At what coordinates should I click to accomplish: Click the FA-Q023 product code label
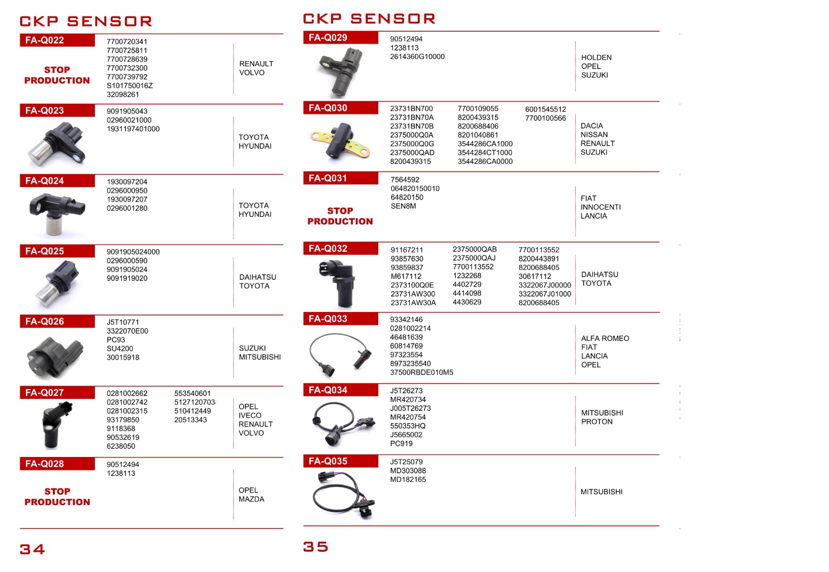[45, 110]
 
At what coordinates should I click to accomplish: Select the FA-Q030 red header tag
[328, 108]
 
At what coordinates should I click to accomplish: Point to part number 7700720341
[127, 41]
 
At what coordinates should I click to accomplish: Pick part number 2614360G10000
[417, 56]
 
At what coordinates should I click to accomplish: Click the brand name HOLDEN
[596, 58]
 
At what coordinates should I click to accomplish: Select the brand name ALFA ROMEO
[605, 338]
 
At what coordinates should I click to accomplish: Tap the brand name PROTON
[597, 422]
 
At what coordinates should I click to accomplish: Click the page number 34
[32, 549]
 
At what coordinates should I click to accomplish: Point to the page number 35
[316, 547]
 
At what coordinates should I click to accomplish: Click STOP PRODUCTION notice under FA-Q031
[340, 216]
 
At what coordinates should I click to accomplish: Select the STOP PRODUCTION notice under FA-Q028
[57, 496]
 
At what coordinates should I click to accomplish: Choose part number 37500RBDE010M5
[421, 373]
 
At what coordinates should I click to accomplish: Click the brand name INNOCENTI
[601, 207]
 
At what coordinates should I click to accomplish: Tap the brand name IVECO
[250, 416]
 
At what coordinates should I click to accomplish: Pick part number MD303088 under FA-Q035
[408, 470]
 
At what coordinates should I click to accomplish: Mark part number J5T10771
[123, 322]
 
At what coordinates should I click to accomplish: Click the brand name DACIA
[592, 126]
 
